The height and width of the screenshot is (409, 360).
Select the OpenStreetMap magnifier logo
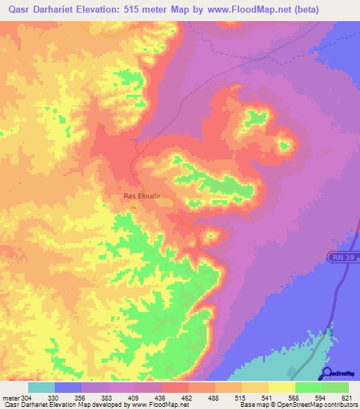point(328,373)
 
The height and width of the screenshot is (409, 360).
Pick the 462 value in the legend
point(188,398)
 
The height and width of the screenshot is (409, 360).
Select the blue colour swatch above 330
point(68,387)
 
